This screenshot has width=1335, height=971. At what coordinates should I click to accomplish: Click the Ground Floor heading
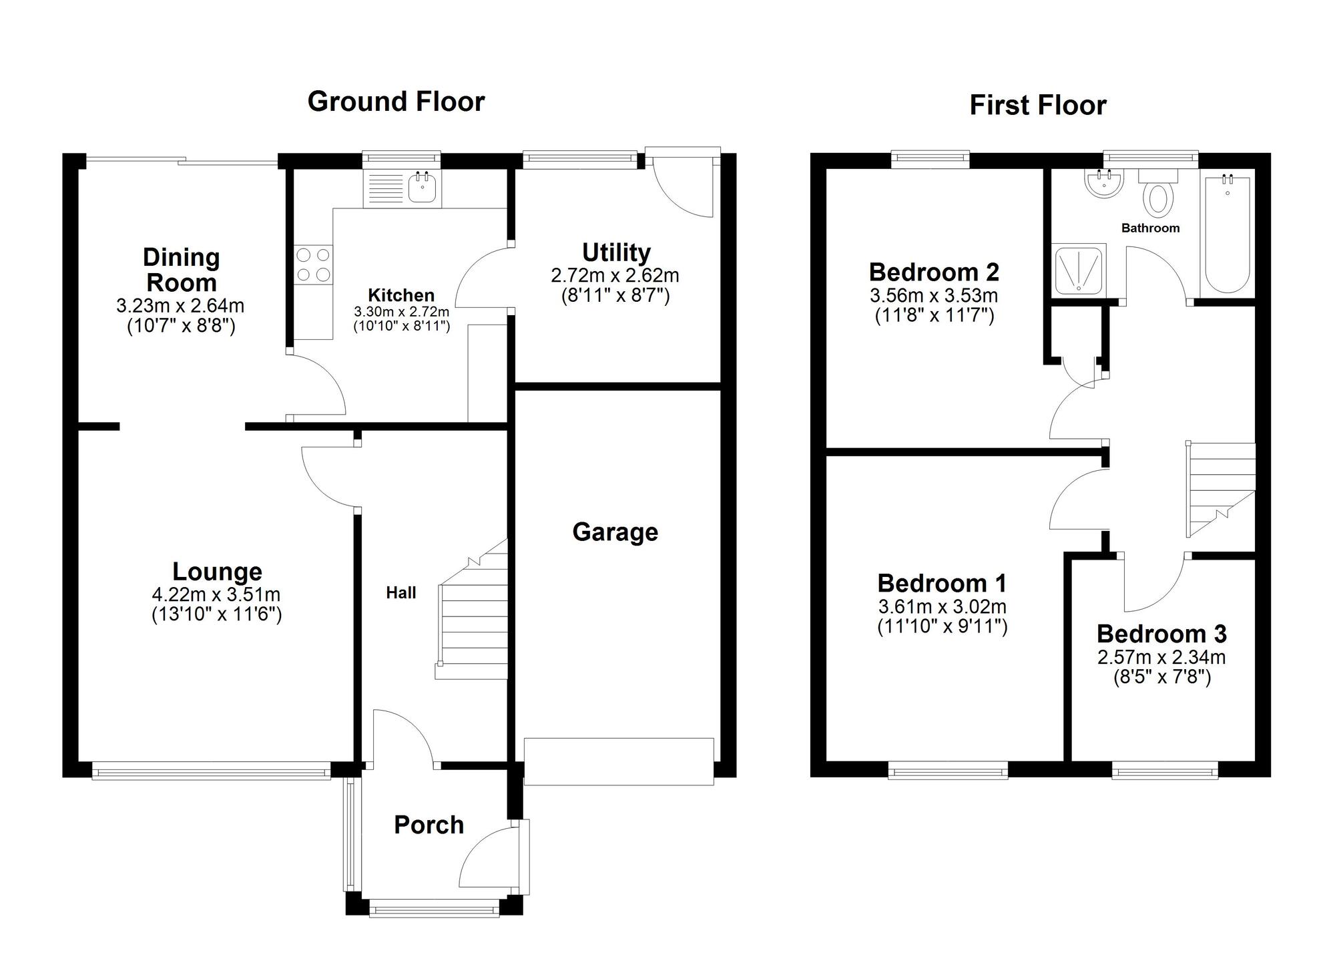[396, 102]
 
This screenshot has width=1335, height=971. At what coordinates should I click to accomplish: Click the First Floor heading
[1038, 106]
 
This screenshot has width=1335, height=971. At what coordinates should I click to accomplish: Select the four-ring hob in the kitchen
[313, 264]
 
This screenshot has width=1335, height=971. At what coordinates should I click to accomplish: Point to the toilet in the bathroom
[1159, 192]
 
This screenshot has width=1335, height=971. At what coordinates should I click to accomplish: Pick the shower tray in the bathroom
[1079, 270]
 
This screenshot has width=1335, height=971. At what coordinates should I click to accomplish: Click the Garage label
[615, 532]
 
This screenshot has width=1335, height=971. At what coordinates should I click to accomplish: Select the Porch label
[429, 825]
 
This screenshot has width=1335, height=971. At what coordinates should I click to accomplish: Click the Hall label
[400, 592]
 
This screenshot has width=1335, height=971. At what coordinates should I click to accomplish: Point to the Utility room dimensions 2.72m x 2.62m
[615, 275]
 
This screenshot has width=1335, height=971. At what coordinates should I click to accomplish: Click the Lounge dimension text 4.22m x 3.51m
[216, 594]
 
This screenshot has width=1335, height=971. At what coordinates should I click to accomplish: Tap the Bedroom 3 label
[1161, 634]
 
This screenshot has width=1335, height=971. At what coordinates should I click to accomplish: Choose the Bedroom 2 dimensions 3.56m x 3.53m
[934, 295]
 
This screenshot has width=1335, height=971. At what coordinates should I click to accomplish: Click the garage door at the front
[619, 761]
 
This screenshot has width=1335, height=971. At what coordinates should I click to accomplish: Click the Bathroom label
[1150, 228]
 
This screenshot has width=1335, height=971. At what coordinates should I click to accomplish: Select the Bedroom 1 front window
[948, 772]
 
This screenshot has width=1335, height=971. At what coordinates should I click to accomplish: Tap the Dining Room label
[181, 270]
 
